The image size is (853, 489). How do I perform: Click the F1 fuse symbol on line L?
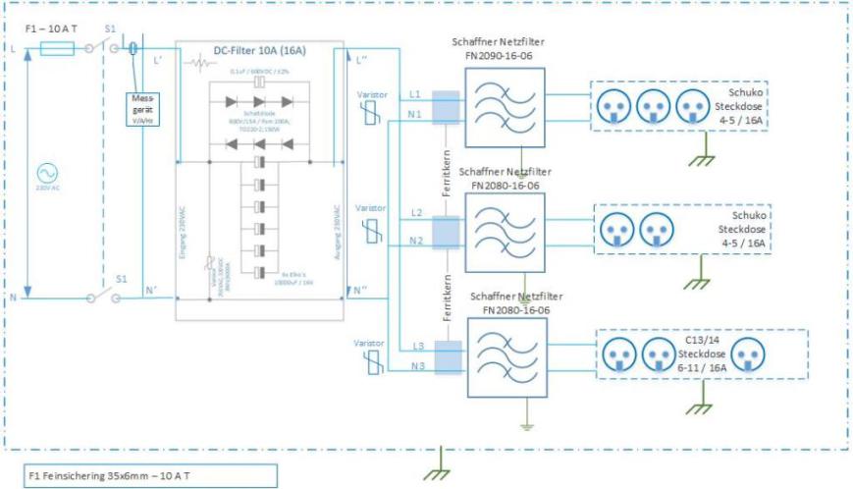coord(59,47)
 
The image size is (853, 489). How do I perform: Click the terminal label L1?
coord(415,93)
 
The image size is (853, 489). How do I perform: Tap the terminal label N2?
coord(415,241)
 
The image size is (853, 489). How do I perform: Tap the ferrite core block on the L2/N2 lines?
coord(446,232)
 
